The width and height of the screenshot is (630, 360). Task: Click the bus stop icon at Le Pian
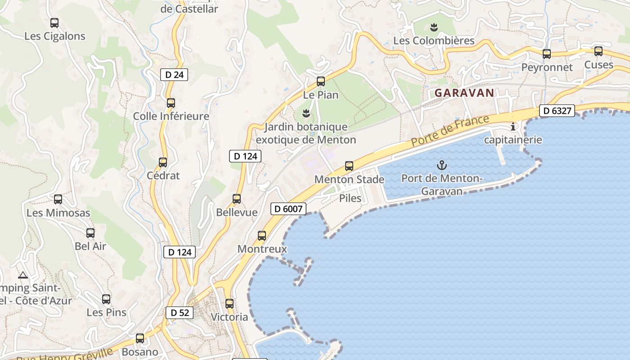pos(321,81)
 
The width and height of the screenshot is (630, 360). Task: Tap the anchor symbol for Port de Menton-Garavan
pos(442,165)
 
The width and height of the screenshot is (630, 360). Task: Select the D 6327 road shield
pos(557,111)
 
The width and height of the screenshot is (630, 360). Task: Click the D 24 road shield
pos(174,75)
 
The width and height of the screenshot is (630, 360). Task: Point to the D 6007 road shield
pos(288,209)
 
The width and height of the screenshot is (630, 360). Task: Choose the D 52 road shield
pos(180,313)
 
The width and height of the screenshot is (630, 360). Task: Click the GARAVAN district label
pos(464,93)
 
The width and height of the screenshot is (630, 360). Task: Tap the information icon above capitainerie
pos(513,127)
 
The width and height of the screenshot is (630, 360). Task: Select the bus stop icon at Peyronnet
pos(547,54)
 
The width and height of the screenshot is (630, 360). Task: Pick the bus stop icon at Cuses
pos(598,51)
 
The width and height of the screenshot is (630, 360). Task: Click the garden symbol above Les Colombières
pos(434,27)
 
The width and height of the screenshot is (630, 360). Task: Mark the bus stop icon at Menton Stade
pos(349,166)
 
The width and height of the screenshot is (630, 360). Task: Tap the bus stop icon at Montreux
pos(262,235)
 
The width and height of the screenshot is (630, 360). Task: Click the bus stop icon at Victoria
pos(229,304)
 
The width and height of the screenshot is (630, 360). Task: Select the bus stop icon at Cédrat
pos(163,162)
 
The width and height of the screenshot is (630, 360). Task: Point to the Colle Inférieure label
pos(171,117)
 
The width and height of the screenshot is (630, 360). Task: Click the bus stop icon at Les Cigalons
pos(54,23)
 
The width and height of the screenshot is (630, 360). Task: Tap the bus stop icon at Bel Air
pos(90,233)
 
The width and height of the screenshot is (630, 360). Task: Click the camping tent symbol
pos(23,275)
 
